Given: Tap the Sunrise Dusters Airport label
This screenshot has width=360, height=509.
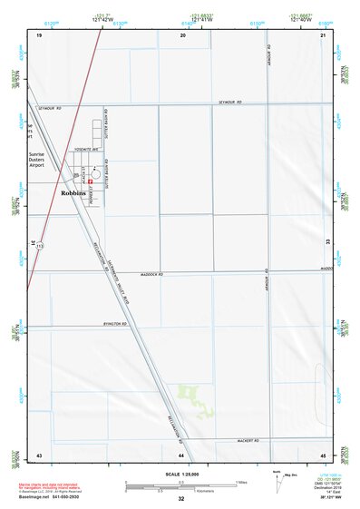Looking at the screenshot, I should click(x=43, y=160).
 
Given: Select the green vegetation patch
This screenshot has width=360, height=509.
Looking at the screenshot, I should click(x=191, y=395).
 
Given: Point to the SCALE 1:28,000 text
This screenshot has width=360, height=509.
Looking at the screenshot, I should click(x=180, y=474).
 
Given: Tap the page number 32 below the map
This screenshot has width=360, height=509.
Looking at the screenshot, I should click(x=181, y=499).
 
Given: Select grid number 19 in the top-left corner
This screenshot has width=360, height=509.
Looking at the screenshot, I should click(x=39, y=34).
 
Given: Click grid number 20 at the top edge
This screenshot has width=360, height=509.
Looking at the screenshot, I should click(x=182, y=34).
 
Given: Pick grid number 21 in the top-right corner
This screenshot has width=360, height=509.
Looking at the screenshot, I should click(x=323, y=34).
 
